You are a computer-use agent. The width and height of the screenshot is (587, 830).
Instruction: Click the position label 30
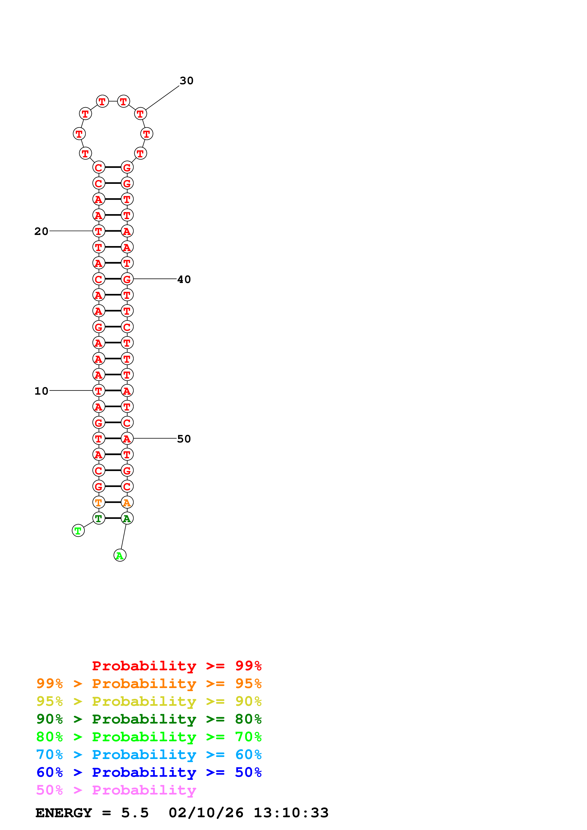point(186,81)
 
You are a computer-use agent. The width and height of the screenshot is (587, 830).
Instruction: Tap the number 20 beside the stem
point(41,231)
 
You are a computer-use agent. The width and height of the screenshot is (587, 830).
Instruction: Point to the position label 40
point(184,279)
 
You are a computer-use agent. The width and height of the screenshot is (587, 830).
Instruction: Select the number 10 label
point(41,391)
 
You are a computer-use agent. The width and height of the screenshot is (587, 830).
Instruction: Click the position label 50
point(184,439)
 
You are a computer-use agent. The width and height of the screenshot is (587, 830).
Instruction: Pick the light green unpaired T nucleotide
point(78,531)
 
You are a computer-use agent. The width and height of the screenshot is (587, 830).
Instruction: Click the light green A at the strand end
point(120,555)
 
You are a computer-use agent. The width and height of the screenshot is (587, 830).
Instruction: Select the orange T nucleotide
point(98,503)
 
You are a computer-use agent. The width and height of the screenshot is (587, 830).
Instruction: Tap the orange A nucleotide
point(127,503)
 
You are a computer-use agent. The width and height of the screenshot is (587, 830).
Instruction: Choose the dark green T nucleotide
point(98,518)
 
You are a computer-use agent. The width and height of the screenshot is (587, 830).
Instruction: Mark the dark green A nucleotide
point(127,518)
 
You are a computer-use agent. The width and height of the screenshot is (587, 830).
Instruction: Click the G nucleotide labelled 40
point(127,279)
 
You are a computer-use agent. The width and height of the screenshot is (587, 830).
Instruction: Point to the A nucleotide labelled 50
point(127,438)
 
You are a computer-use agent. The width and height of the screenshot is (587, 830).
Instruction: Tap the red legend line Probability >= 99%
point(176,666)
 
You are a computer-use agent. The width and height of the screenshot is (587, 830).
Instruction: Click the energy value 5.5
point(134,813)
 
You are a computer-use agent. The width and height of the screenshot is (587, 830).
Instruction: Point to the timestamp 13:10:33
point(291,813)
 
